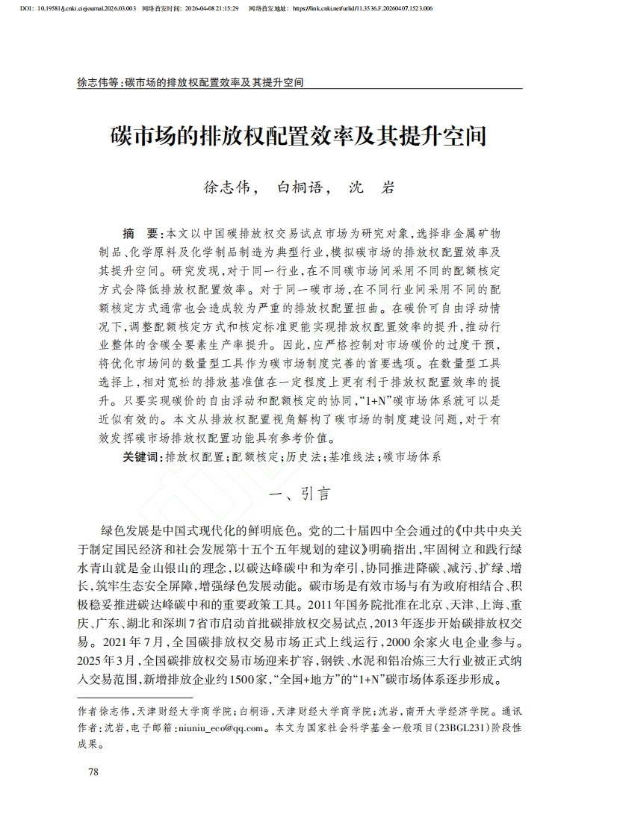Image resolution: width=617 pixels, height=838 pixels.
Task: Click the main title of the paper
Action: [308, 137]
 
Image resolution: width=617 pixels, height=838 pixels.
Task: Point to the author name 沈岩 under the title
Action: [372, 187]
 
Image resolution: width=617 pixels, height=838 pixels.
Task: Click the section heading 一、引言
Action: [308, 494]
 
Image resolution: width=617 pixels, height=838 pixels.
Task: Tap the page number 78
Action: [93, 772]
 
